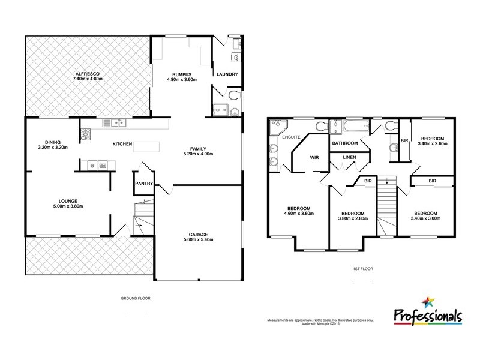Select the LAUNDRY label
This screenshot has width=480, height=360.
click(228, 74)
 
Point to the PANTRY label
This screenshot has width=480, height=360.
click(143, 184)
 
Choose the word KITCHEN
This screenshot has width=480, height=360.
click(123, 145)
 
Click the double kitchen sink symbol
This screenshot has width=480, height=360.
click(113, 123)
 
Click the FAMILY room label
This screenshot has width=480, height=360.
click(199, 148)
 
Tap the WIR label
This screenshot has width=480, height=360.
click(313, 158)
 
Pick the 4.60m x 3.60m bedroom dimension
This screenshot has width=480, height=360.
click(298, 214)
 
